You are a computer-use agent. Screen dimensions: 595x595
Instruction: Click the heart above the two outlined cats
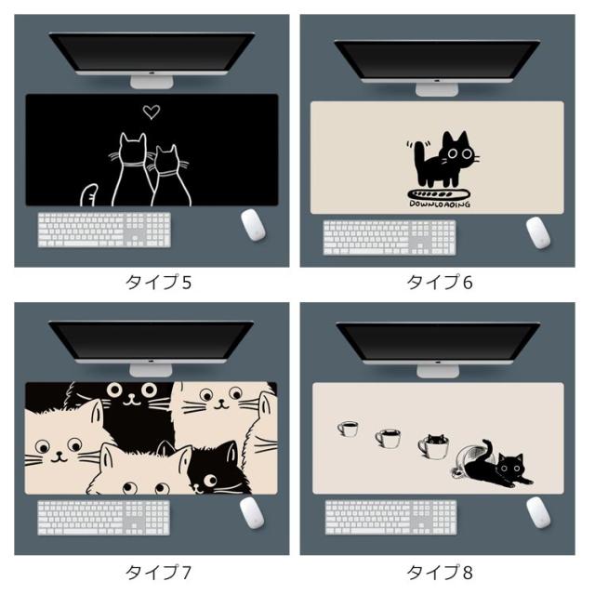click(152, 112)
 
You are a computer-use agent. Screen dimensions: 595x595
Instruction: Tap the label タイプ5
click(158, 283)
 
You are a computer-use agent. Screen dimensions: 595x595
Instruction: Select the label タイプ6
click(440, 283)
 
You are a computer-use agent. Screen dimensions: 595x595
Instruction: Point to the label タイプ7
click(158, 573)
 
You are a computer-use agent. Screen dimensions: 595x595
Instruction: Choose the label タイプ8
click(440, 573)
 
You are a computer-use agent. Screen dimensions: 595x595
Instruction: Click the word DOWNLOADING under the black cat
click(440, 205)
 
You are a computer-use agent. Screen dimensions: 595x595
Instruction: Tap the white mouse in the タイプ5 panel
click(253, 225)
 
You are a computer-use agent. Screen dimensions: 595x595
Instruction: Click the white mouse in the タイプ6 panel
click(537, 232)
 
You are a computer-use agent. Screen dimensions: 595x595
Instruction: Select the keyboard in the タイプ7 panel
click(103, 518)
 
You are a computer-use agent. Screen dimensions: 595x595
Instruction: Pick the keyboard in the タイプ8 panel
click(390, 518)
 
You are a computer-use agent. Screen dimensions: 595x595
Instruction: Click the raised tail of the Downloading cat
click(419, 157)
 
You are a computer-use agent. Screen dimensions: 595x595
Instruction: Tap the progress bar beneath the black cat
click(439, 194)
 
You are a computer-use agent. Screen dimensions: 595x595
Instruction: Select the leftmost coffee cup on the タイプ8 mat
click(348, 428)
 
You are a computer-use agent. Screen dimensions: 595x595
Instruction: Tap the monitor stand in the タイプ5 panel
click(152, 81)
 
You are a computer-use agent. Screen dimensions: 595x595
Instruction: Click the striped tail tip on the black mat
click(89, 194)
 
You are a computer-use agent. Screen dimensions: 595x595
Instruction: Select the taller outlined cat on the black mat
click(131, 169)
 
